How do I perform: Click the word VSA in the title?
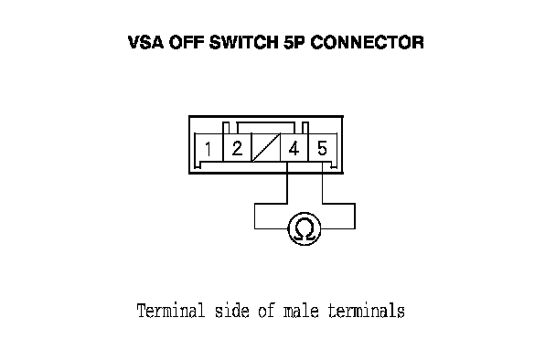(x=145, y=43)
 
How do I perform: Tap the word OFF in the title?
(x=187, y=43)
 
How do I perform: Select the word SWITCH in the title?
(x=244, y=43)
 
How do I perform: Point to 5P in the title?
(x=294, y=43)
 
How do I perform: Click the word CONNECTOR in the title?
(x=367, y=43)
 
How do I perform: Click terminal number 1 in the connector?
(x=208, y=149)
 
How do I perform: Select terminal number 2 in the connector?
(x=237, y=148)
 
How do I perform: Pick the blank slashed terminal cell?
(x=265, y=147)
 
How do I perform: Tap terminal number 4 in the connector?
(x=294, y=148)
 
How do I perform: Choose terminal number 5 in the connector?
(x=322, y=148)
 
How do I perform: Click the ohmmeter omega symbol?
(x=305, y=228)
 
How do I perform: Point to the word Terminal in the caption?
(x=171, y=311)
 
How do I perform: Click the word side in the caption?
(x=232, y=311)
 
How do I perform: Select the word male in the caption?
(x=301, y=311)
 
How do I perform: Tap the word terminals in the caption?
(x=367, y=311)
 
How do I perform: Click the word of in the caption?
(x=266, y=311)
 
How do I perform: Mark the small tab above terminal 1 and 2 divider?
(x=226, y=128)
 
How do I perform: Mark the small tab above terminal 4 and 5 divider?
(x=305, y=128)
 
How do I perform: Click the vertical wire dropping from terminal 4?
(x=287, y=183)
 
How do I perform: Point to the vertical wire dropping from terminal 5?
(x=322, y=183)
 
